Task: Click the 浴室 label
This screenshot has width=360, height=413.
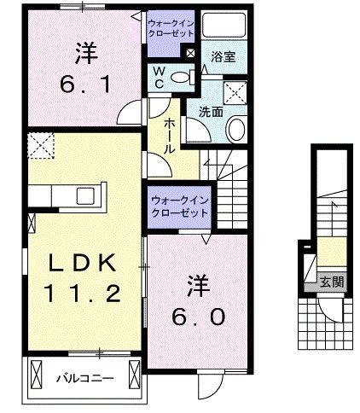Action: [224, 57]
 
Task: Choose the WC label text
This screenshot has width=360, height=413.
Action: [158, 79]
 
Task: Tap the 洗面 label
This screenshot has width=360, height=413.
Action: [211, 111]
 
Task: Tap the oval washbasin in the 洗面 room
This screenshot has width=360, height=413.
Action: [236, 128]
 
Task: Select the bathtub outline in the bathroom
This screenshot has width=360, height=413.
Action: [222, 29]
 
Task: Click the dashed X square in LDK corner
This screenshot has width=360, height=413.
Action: [39, 148]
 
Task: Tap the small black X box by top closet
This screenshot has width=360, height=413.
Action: [190, 53]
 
